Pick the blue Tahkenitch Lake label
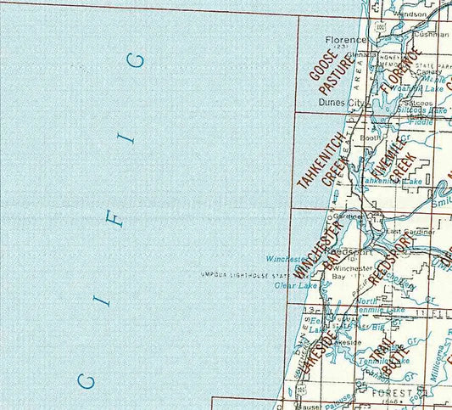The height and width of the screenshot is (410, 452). tap(393, 182)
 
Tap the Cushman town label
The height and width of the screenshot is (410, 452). tap(432, 35)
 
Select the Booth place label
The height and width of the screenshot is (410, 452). tap(371, 138)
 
